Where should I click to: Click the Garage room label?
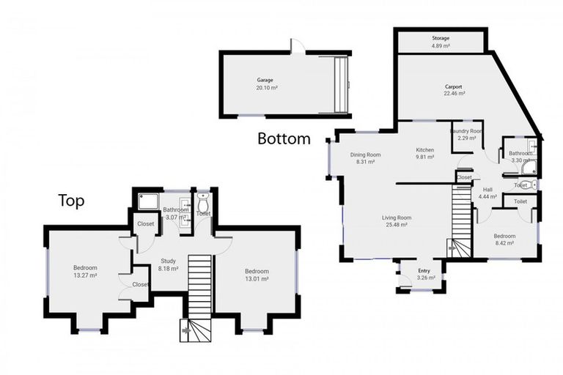(266, 83)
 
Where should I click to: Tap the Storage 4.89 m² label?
(441, 42)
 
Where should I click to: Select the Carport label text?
(453, 90)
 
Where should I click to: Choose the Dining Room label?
(365, 157)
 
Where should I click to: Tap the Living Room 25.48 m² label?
(397, 221)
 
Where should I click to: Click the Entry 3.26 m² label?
(423, 275)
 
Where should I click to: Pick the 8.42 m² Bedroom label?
(504, 240)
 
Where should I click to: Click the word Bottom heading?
(284, 138)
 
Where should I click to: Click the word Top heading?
(72, 201)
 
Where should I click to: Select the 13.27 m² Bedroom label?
(85, 272)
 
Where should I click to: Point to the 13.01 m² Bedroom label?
(257, 275)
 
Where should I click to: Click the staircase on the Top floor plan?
(199, 293)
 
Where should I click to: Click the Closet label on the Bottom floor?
(464, 177)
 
